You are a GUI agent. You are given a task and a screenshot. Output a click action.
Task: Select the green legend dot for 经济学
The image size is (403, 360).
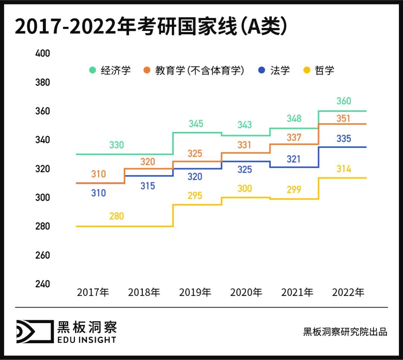(x=93, y=70)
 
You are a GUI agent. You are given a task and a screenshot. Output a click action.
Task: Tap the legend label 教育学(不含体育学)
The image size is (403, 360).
(x=200, y=70)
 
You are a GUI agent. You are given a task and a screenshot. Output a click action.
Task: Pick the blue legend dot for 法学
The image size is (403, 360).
(x=262, y=70)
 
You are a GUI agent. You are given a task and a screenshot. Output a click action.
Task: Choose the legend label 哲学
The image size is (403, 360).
(x=324, y=70)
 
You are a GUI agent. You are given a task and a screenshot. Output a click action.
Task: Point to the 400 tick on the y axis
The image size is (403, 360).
(x=42, y=53)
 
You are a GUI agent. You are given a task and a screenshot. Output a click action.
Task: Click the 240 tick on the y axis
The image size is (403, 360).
(x=42, y=284)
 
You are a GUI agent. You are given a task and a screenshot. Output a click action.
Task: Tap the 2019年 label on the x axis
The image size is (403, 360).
(x=195, y=292)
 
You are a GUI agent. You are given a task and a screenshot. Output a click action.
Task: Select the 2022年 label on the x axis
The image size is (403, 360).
(x=348, y=292)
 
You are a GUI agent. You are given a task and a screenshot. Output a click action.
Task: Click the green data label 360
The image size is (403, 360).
(x=344, y=101)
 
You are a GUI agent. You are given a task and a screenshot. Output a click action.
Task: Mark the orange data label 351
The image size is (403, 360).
(x=344, y=119)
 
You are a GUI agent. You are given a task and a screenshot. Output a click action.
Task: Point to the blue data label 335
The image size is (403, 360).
(x=344, y=139)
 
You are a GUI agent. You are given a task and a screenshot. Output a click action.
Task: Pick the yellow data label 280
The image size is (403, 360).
(x=116, y=216)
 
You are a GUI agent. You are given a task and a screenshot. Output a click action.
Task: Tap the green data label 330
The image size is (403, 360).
(x=116, y=145)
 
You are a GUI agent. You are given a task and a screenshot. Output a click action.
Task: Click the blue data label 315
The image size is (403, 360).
(x=148, y=186)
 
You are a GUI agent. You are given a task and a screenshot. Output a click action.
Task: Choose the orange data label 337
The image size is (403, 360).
(x=294, y=138)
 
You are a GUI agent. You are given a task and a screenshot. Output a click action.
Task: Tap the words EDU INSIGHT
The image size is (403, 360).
(x=87, y=339)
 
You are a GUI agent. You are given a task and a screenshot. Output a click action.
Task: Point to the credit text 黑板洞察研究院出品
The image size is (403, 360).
(x=345, y=332)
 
